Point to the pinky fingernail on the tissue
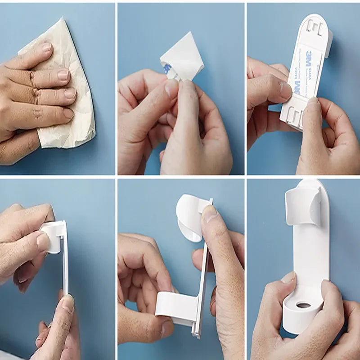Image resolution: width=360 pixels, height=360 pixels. click(68, 113)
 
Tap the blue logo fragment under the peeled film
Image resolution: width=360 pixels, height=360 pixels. click(167, 69)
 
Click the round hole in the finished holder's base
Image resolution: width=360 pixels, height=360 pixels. click(303, 306)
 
